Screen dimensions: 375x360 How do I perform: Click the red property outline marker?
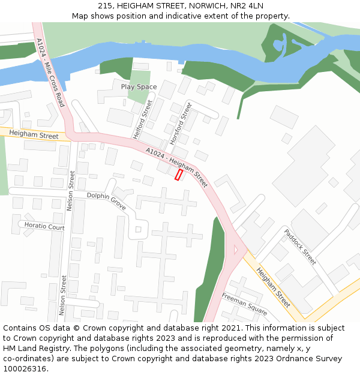point(178,175)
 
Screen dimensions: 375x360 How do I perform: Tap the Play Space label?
point(139,87)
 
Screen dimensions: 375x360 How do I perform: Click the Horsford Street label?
point(181,123)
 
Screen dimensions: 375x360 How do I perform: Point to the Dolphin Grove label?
point(106,200)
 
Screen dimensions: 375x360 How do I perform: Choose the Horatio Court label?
point(44,227)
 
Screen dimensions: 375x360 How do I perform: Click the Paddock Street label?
point(300,247)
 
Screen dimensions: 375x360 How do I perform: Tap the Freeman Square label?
point(244,304)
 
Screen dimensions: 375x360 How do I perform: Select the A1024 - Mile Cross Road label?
point(50,73)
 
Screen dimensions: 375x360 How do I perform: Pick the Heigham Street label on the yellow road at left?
point(34,136)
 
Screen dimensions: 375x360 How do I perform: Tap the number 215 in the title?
point(105,6)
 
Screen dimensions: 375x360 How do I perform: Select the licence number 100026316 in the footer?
point(25,369)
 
